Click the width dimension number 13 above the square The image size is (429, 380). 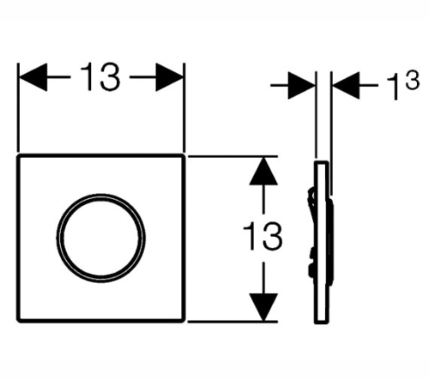click(x=100, y=77)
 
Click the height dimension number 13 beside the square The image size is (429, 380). click(x=263, y=237)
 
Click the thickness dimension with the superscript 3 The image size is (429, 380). click(x=403, y=85)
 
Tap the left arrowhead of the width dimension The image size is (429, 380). click(x=33, y=77)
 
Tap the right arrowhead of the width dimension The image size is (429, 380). click(x=170, y=77)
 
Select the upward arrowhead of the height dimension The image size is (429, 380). click(x=263, y=171)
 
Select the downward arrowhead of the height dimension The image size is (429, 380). click(x=263, y=307)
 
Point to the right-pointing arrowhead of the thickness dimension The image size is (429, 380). click(x=301, y=85)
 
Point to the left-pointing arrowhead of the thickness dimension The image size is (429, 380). click(x=346, y=85)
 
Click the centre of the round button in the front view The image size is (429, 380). click(x=100, y=238)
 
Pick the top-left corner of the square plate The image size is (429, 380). click(x=18, y=155)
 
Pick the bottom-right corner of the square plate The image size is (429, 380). click(x=183, y=321)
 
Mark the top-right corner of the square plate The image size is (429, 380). click(x=183, y=155)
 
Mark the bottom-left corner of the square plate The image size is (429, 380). click(x=18, y=321)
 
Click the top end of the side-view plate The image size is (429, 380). click(x=322, y=162)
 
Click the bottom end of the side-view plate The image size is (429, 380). click(x=322, y=323)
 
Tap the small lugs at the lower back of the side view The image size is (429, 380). click(x=311, y=263)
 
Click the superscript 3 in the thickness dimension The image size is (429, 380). click(x=413, y=81)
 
